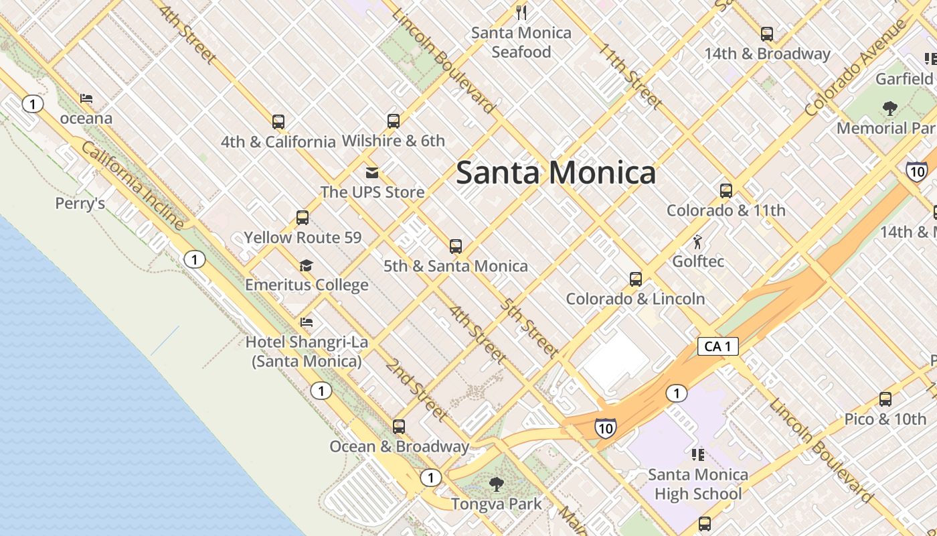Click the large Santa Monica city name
pos(556,173)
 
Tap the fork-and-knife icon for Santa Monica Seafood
pos(521,12)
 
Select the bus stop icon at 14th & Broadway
pos(767,33)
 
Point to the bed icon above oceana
pos(86,98)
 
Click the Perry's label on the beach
pos(80,203)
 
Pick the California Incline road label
pos(133,186)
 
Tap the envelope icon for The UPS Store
pos(372,173)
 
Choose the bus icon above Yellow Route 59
pos(303,218)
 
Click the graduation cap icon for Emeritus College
pos(306,265)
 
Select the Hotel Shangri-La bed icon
pos(307,322)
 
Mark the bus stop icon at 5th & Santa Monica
pos(456,247)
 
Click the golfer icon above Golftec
pos(698,241)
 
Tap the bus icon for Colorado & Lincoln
pos(636,279)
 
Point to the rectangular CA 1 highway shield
pos(717,346)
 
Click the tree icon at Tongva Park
pos(496,484)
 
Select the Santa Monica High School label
pos(698,484)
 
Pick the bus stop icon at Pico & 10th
pos(885,399)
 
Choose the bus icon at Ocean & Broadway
pos(399,427)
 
